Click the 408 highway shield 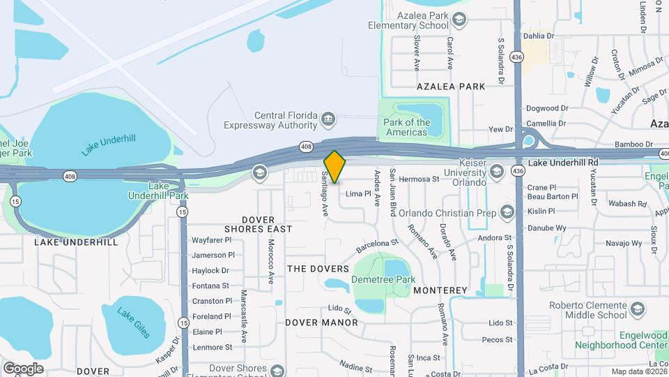[306, 146]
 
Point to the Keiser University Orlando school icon [496, 172]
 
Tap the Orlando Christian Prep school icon [507, 212]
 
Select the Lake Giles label [133, 323]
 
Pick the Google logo [23, 369]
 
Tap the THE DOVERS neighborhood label [318, 269]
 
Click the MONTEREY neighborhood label [440, 290]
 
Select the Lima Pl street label [358, 193]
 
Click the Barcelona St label [376, 246]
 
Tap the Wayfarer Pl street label [211, 239]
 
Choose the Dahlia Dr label [539, 35]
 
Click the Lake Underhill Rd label [563, 163]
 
